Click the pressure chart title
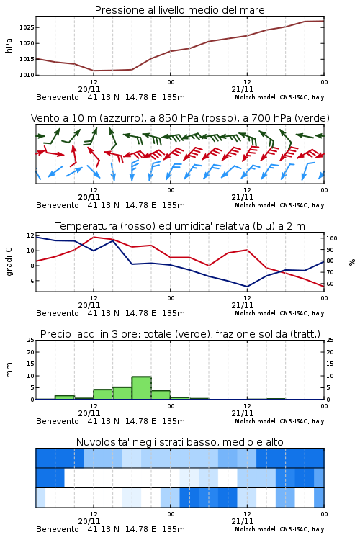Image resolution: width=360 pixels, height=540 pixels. click(179, 10)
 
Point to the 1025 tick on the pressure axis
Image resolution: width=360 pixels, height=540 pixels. click(27, 27)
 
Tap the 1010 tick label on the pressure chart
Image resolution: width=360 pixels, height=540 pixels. click(27, 75)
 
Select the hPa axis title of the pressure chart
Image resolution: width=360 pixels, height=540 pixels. click(9, 45)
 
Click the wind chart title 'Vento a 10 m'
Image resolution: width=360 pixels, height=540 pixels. click(180, 118)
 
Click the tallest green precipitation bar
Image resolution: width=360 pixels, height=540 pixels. click(142, 388)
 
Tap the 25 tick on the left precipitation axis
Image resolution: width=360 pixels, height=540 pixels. click(31, 340)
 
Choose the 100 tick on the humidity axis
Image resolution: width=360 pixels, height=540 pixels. click(332, 238)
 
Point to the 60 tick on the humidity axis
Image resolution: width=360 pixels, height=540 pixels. click(330, 284)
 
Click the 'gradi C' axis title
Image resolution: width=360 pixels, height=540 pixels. click(9, 262)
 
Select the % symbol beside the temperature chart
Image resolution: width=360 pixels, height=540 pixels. click(352, 262)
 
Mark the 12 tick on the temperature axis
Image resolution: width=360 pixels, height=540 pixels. click(31, 235)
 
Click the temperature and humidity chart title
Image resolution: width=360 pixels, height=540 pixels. click(180, 226)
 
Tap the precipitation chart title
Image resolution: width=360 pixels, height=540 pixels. click(180, 334)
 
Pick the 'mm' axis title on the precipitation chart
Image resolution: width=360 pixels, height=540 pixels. click(9, 370)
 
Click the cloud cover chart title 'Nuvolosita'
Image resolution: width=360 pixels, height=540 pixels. click(180, 442)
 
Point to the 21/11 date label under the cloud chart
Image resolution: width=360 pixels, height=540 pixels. click(243, 521)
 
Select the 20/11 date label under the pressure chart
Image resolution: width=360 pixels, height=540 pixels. click(89, 89)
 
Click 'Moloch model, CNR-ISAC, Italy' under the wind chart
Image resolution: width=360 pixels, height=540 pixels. click(279, 205)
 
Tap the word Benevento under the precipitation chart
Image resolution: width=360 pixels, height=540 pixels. click(58, 421)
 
